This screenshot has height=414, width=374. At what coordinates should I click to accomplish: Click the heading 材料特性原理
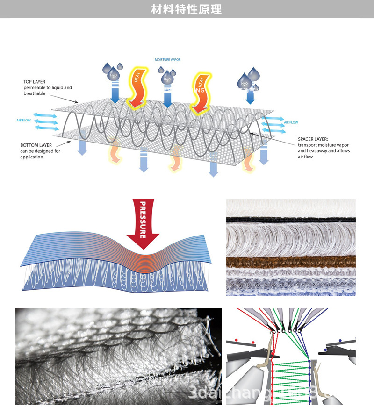point(187,9)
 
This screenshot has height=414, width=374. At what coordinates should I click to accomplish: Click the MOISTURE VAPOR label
point(167,60)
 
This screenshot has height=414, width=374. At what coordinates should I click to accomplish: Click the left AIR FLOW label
point(23,121)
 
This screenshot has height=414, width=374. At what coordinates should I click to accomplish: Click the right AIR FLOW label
point(290,122)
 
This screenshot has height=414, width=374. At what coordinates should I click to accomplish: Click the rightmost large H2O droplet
point(245,82)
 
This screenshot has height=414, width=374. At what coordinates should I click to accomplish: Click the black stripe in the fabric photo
point(290,220)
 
